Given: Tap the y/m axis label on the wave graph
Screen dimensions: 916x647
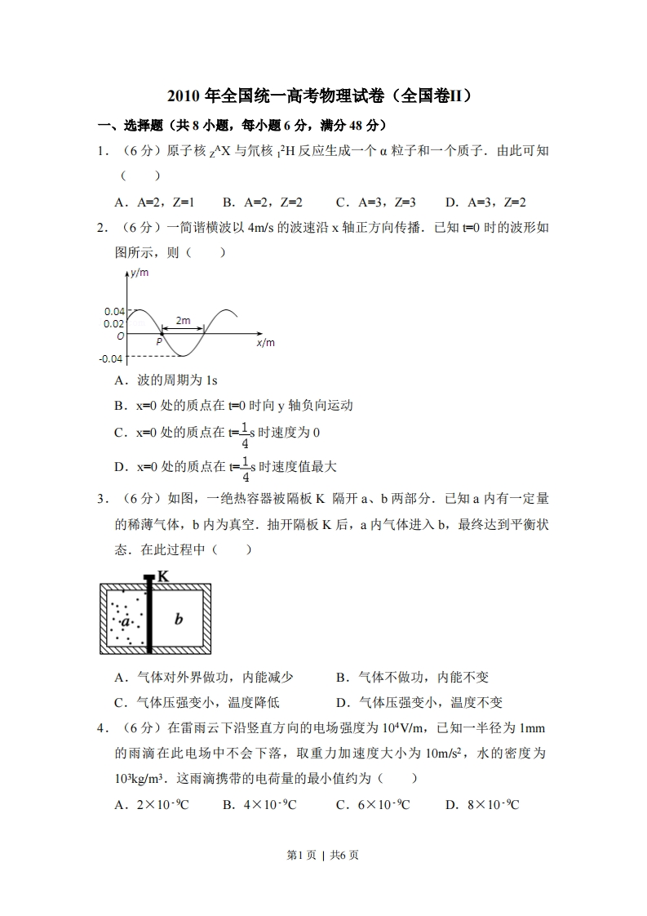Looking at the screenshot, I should (140, 273).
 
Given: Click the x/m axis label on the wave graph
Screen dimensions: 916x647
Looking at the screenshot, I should (265, 343).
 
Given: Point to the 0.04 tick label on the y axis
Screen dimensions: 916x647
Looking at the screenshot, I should (114, 311).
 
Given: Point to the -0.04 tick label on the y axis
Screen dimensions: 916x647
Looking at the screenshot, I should (113, 358).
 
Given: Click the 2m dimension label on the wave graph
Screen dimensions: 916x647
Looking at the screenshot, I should (183, 321).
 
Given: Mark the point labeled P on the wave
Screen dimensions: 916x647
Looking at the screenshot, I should (159, 343).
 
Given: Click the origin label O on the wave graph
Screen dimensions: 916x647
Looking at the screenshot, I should (121, 336).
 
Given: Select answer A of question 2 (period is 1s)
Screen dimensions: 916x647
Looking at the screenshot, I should (166, 380).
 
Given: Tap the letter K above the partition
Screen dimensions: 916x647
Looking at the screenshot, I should (163, 576).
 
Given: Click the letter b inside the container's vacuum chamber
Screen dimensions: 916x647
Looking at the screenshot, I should (179, 619).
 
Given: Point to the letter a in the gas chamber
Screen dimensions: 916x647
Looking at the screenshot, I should (126, 622).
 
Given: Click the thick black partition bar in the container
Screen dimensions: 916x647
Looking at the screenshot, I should (149, 616).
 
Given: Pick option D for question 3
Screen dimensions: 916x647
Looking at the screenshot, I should (419, 702).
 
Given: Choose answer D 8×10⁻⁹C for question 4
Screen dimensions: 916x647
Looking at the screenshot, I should (482, 805).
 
